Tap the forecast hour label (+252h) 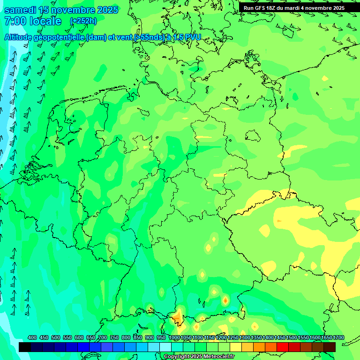[x=83, y=21]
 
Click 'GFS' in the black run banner [x=259, y=8]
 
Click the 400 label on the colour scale [x=32, y=337]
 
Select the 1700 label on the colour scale [x=326, y=337]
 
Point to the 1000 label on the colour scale [x=174, y=337]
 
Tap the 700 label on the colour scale [x=103, y=337]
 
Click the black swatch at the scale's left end [x=25, y=347]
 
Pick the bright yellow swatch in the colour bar [x=236, y=347]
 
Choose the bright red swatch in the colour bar [x=283, y=347]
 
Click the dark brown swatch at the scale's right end [x=330, y=347]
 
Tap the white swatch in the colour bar [x=165, y=347]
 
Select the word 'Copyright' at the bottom [x=176, y=357]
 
